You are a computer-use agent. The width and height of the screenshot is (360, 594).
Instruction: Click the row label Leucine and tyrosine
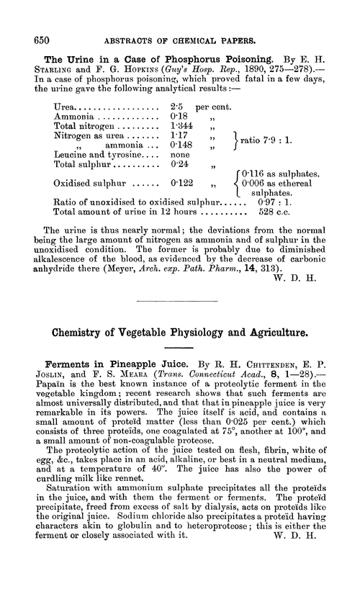102,164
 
